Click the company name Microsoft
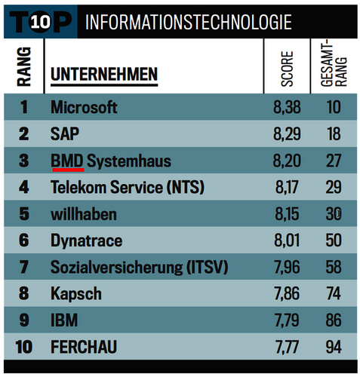point(84,107)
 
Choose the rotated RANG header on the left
point(23,66)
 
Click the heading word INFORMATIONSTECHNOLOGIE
point(188,22)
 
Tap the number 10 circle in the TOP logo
point(40,22)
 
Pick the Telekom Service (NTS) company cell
point(128,188)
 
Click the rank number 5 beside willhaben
point(23,214)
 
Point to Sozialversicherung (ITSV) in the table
point(138,267)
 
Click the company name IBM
point(64,320)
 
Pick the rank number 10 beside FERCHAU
point(23,347)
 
